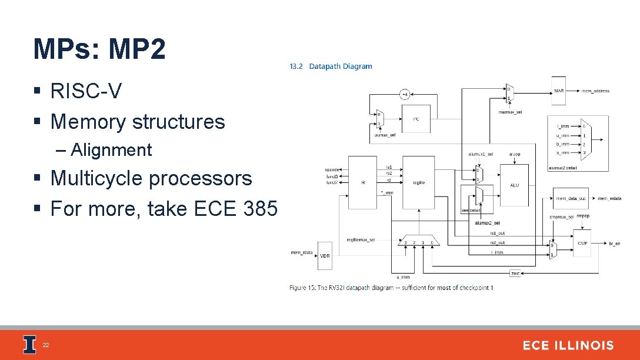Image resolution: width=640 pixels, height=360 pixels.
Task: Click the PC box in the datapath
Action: click(x=416, y=119)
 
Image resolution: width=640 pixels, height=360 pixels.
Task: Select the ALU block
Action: click(x=514, y=185)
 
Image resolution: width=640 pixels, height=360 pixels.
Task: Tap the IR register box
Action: click(x=362, y=182)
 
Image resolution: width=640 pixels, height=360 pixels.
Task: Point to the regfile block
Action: click(x=419, y=182)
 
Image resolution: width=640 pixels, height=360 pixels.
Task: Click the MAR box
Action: click(x=559, y=91)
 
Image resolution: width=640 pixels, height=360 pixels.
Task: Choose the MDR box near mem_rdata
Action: click(x=325, y=255)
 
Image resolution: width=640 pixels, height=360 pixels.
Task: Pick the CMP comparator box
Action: click(x=582, y=243)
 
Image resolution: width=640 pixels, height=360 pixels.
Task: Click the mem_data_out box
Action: click(x=571, y=198)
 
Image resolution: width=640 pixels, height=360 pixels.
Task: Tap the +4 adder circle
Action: click(x=405, y=94)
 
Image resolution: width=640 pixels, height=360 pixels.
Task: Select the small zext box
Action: click(x=515, y=274)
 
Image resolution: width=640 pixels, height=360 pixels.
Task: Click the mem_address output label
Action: click(x=595, y=91)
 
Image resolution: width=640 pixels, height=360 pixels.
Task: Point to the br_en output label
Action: click(x=614, y=243)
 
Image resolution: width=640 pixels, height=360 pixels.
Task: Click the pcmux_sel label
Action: click(x=385, y=135)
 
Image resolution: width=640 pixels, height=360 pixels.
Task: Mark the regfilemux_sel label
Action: click(x=361, y=240)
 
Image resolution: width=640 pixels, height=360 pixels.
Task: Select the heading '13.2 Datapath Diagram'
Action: click(x=331, y=66)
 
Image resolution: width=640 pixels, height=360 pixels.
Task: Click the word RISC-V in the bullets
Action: click(x=86, y=91)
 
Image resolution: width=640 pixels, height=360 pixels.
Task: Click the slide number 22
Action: click(x=45, y=345)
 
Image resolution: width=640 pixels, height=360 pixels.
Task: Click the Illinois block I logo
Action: click(x=29, y=345)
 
